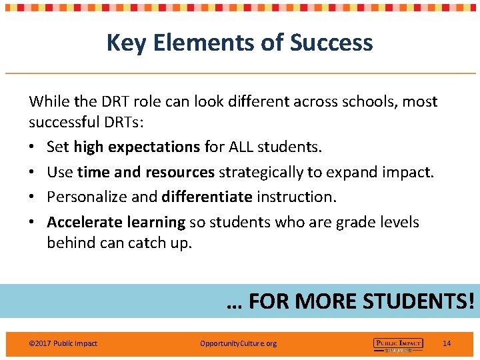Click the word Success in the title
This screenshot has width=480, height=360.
[x=331, y=43]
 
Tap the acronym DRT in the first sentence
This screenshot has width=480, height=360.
[x=115, y=102]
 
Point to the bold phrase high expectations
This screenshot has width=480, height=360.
[x=137, y=147]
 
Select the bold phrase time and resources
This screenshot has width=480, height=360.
[x=145, y=173]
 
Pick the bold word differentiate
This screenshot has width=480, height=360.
[x=207, y=197]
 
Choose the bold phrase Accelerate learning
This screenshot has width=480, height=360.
[x=116, y=222]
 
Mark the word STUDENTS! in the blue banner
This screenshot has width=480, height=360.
[x=418, y=301]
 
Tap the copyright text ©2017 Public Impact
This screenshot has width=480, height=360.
[x=63, y=343]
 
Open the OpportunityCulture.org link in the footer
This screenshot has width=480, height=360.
[x=238, y=343]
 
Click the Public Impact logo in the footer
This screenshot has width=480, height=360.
[x=398, y=344]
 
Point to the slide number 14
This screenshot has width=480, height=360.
[x=447, y=343]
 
